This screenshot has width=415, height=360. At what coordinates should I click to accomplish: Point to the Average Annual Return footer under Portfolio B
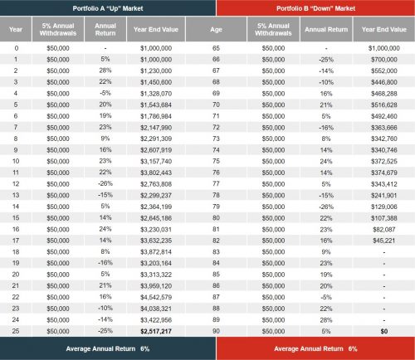click(312, 349)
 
